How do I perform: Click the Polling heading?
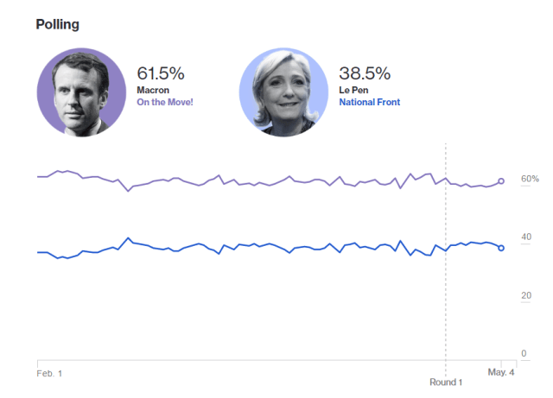57,24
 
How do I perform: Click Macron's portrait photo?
79,92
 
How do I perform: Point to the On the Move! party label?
165,102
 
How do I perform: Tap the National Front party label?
370,102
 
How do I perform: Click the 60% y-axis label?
529,179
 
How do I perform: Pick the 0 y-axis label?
524,354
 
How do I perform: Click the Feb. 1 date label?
49,373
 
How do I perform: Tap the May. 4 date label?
501,373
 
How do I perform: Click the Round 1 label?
446,382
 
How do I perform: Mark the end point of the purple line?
501,181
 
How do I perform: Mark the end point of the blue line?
501,248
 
